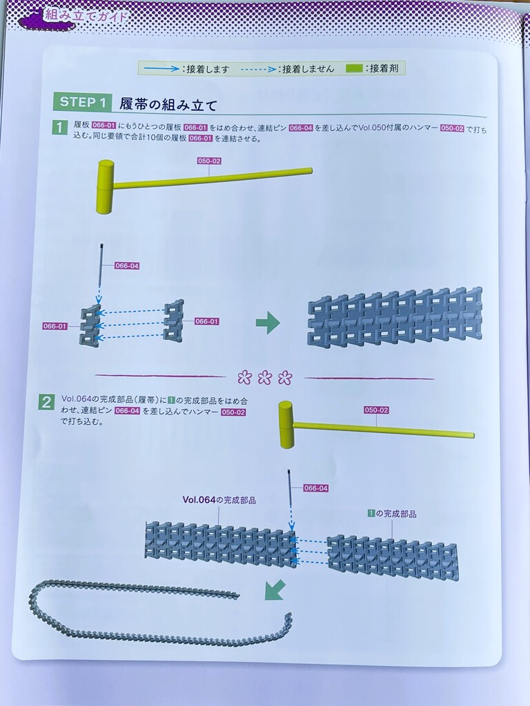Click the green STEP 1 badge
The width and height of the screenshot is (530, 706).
click(83, 102)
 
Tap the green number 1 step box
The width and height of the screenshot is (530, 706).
click(60, 128)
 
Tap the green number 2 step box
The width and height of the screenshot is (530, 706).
click(46, 402)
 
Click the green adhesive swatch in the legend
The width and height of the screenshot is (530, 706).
click(355, 68)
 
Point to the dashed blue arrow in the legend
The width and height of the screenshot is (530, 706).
click(259, 70)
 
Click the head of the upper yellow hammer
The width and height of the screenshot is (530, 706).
click(105, 186)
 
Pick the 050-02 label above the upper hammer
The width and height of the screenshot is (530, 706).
click(209, 161)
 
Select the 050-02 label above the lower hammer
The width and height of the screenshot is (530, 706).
click(376, 410)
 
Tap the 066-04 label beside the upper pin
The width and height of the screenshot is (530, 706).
click(127, 265)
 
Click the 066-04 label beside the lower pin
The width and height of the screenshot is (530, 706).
click(315, 488)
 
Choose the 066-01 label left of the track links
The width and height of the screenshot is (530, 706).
click(55, 326)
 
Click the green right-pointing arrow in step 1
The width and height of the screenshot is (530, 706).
click(268, 323)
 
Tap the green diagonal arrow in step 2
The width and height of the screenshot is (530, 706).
click(275, 589)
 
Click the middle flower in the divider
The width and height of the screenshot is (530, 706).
click(264, 377)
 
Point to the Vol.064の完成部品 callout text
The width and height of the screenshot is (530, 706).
click(219, 500)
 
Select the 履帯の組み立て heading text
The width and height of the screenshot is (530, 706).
click(168, 105)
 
